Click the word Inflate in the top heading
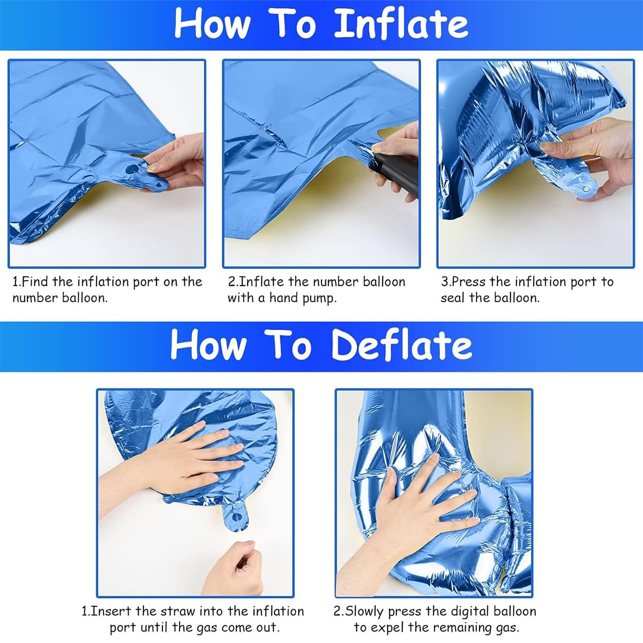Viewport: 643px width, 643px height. [x=401, y=24]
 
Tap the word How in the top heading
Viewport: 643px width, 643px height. [x=212, y=24]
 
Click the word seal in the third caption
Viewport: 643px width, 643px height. [x=452, y=297]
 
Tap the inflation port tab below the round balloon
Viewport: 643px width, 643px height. [x=236, y=516]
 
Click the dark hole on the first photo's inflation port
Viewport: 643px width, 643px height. [x=132, y=169]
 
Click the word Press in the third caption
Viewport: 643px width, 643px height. [x=469, y=282]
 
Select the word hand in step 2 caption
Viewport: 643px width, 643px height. [x=283, y=297]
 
